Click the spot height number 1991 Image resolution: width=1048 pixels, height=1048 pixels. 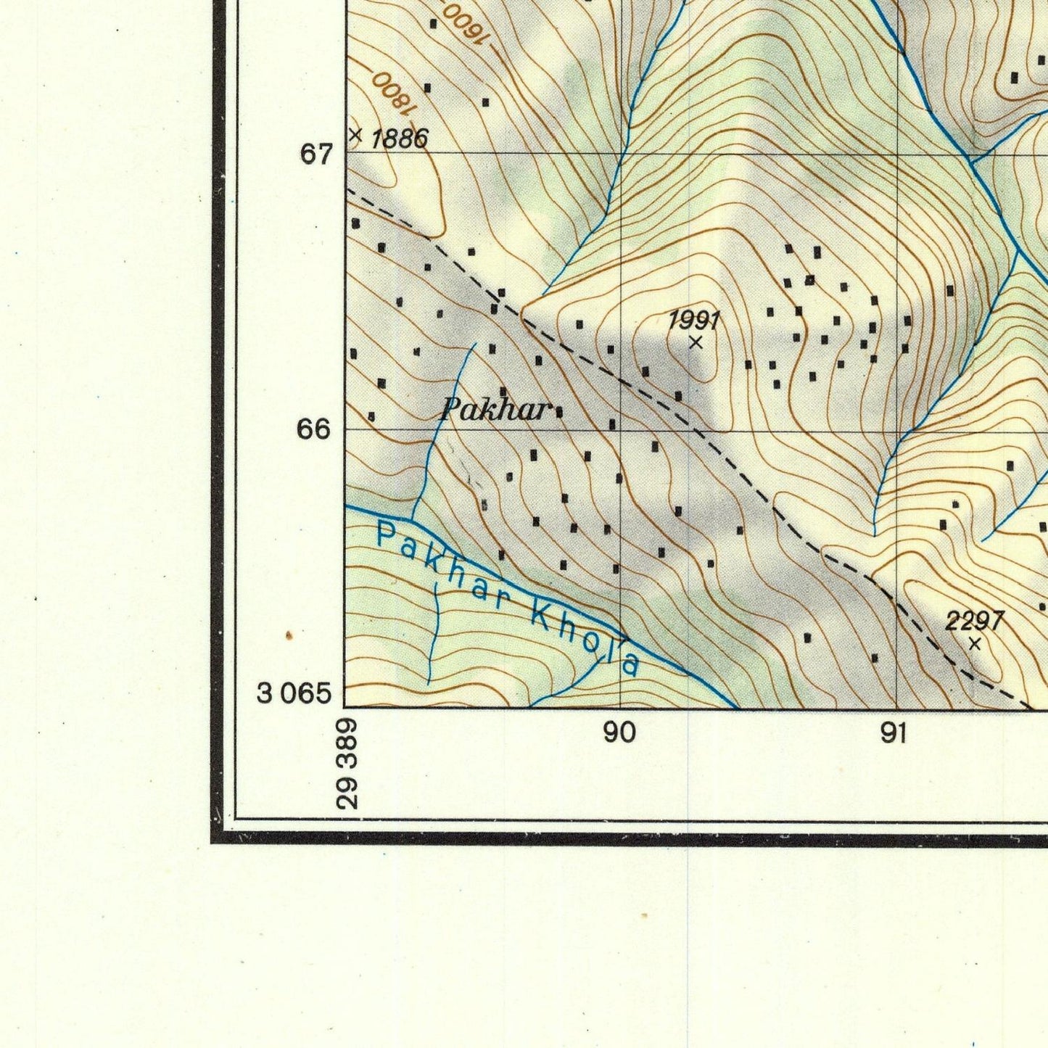pos(694,319)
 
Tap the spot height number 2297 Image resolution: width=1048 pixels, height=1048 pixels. pos(974,621)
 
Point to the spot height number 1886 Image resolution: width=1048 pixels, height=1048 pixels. pos(400,138)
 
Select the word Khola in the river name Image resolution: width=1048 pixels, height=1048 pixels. pos(586,638)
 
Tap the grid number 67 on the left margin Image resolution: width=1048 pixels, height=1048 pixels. pos(317,154)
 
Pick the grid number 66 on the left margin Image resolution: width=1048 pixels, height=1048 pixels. pos(314,429)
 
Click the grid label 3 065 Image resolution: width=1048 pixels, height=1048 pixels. pos(294,694)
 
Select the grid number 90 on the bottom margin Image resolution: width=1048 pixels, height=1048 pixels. pos(619,733)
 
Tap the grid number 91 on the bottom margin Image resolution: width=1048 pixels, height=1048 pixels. pos(894,733)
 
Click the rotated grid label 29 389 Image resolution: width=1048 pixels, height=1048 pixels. pos(347,764)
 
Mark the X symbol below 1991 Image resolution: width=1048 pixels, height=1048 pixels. pos(696,342)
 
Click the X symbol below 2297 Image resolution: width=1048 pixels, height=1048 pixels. pos(975,643)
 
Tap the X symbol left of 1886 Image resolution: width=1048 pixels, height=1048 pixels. pos(355,135)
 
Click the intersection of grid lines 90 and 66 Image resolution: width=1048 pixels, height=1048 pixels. pos(621,430)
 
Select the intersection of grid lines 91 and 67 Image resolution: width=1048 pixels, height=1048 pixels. pos(898,153)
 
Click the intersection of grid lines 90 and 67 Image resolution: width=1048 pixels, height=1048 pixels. pos(621,153)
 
